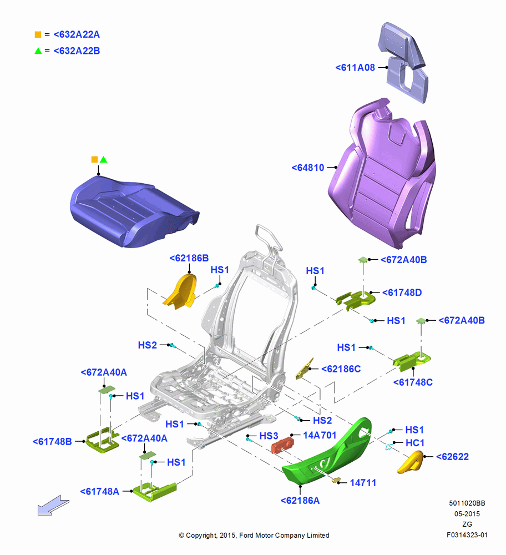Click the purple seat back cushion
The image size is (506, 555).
pyautogui.click(x=382, y=173)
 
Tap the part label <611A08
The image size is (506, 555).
pyautogui.click(x=355, y=68)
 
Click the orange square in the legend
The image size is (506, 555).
pyautogui.click(x=38, y=34)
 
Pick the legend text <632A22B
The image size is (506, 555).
pyautogui.click(x=77, y=51)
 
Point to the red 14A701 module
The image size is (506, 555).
pyautogui.click(x=282, y=445)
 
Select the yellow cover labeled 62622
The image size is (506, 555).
pyautogui.click(x=411, y=462)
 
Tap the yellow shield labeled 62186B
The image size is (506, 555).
pyautogui.click(x=180, y=291)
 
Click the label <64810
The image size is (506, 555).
pyautogui.click(x=307, y=168)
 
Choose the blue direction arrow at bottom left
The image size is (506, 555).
pyautogui.click(x=53, y=505)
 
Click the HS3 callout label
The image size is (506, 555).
pyautogui.click(x=269, y=436)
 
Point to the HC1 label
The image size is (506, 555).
pyautogui.click(x=414, y=443)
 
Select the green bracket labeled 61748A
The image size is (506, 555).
pyautogui.click(x=155, y=491)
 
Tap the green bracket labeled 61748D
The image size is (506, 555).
pyautogui.click(x=356, y=300)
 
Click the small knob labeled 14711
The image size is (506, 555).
pyautogui.click(x=336, y=480)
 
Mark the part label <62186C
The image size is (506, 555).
pyautogui.click(x=341, y=369)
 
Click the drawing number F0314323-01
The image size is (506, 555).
pyautogui.click(x=467, y=535)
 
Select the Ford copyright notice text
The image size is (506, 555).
pyautogui.click(x=254, y=535)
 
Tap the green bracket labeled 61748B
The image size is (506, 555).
pyautogui.click(x=102, y=441)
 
